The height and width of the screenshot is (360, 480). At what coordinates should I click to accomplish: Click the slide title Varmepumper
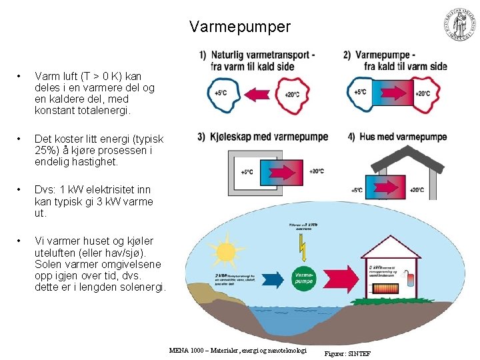tap(240, 27)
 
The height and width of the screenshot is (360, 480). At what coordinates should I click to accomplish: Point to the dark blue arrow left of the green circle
tap(255, 276)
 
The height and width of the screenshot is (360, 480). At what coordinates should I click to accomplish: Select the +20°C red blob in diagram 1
tap(291, 94)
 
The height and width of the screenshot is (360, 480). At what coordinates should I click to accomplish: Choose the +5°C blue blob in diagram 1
tap(219, 92)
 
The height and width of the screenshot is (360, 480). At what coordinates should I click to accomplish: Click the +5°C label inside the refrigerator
tap(246, 171)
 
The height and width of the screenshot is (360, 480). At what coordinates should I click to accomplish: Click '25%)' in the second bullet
tap(47, 150)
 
